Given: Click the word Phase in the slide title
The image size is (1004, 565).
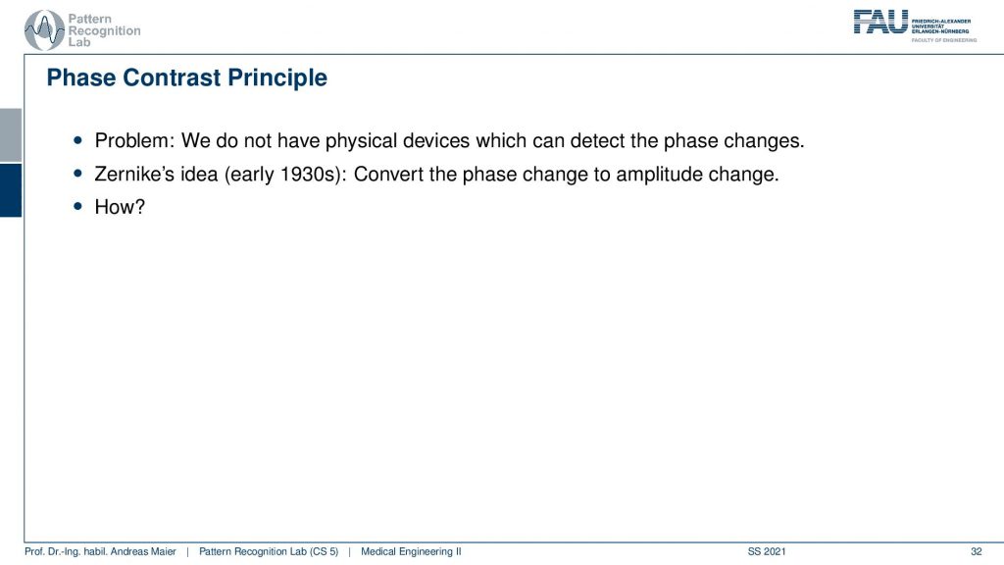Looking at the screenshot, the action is [81, 77].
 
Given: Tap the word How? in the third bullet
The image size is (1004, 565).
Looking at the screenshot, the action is [120, 207].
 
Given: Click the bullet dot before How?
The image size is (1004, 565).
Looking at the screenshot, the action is [78, 206].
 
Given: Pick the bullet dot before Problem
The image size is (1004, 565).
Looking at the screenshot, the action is [78, 139].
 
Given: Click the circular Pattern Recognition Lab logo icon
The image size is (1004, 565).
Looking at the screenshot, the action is [43, 30].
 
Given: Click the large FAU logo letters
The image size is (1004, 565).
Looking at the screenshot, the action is [880, 23].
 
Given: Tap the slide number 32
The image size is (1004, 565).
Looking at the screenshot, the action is [976, 551].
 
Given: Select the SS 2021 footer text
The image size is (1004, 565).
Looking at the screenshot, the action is [767, 551].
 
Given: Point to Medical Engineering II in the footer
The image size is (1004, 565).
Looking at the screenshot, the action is [411, 551].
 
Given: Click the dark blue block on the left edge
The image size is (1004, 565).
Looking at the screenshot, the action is [11, 190].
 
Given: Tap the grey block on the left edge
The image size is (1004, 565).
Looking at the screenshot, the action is [11, 135].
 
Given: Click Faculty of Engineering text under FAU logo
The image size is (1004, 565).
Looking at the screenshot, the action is [944, 40].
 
